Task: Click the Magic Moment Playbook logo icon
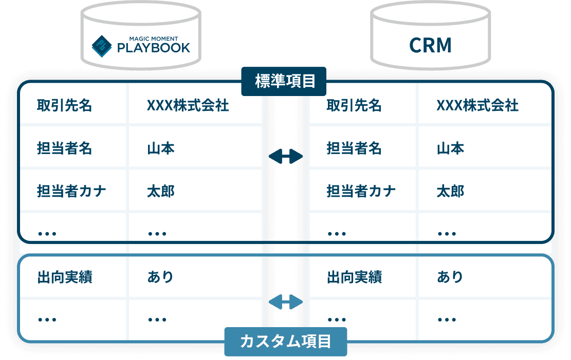tap(102, 45)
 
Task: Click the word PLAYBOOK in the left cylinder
tap(154, 48)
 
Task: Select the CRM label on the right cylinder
tap(430, 45)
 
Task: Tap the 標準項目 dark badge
tap(284, 81)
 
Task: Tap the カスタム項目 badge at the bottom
tap(285, 342)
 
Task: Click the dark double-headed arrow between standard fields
tap(286, 156)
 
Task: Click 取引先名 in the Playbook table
tap(64, 106)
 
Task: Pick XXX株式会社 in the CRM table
tap(477, 106)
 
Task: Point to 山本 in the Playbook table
tap(160, 149)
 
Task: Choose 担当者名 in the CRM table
tap(354, 149)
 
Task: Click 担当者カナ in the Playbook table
tap(71, 192)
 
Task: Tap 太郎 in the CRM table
tap(450, 192)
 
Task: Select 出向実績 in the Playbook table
tap(64, 277)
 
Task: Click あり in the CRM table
tap(450, 277)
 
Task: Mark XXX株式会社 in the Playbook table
tap(188, 106)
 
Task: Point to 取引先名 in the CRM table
tap(354, 106)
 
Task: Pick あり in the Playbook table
tap(160, 277)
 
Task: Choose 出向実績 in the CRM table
tap(354, 277)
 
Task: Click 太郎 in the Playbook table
tap(160, 192)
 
